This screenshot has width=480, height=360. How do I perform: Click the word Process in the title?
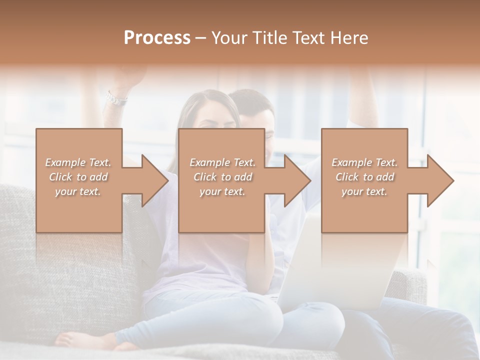(x=157, y=38)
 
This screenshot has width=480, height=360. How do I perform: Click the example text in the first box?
(x=78, y=177)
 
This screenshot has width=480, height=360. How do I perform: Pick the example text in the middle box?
(x=222, y=177)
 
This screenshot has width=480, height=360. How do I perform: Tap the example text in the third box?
(x=364, y=177)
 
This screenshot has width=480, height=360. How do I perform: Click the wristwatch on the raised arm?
(x=116, y=98)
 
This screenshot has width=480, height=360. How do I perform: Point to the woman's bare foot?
(x=75, y=340)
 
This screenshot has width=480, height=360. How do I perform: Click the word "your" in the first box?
(x=65, y=191)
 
